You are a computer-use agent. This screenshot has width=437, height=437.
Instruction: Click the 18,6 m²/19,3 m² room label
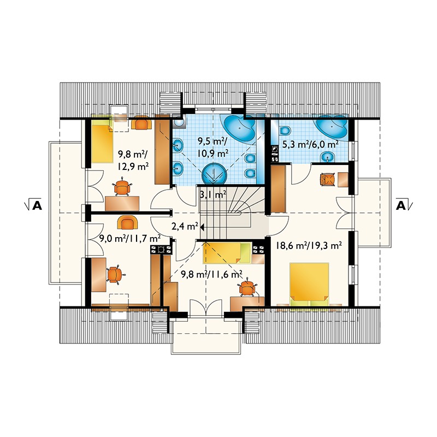tap(309, 245)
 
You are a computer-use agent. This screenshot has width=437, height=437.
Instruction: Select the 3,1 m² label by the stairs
tap(213, 194)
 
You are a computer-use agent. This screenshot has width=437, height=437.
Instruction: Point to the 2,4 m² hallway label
tap(185, 226)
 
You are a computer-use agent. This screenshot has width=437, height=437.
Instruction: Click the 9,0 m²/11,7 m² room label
tap(130, 239)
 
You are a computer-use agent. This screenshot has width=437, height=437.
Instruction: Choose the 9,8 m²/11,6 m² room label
tap(211, 275)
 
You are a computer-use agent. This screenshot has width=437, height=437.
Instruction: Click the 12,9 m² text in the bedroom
tap(133, 167)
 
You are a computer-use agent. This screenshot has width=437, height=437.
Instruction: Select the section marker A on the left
tap(37, 205)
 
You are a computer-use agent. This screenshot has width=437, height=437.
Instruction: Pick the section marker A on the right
tap(401, 205)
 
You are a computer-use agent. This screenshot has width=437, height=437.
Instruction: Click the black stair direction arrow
tap(202, 227)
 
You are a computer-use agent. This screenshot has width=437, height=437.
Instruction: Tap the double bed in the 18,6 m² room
tap(309, 284)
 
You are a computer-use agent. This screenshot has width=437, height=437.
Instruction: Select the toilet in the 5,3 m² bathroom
tap(285, 130)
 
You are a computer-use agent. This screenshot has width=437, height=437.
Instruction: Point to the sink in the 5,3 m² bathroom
tap(326, 157)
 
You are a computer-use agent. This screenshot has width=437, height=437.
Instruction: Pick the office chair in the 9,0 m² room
tap(114, 275)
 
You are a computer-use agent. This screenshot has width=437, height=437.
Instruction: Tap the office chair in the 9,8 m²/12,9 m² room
tap(122, 186)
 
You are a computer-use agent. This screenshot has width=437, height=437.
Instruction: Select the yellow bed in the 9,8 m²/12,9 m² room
tap(102, 141)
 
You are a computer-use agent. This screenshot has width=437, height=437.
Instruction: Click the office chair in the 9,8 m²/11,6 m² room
tap(247, 287)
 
